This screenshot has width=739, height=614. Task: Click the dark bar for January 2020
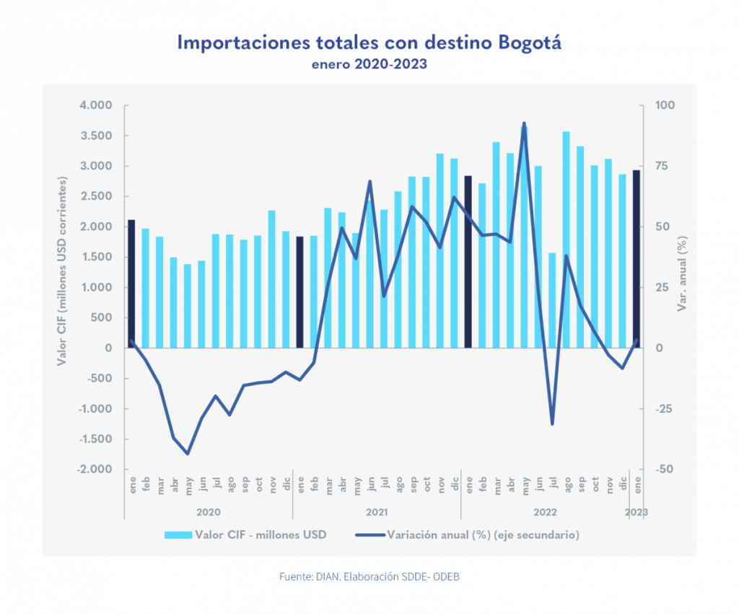point(131,284)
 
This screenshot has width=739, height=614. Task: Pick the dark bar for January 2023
point(636,258)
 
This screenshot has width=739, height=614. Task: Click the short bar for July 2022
point(552,300)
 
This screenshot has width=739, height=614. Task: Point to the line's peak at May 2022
point(524,123)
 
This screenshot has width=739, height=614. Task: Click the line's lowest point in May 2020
point(188,454)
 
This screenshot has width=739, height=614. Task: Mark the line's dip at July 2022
point(552,424)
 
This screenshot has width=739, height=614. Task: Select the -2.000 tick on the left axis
point(94,469)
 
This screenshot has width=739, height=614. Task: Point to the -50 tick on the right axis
point(663,469)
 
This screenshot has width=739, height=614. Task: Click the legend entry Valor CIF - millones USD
point(245,535)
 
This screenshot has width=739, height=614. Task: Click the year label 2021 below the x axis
point(376,512)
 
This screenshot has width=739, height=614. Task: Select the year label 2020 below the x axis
point(208,512)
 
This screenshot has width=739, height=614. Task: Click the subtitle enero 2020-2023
point(369,64)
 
